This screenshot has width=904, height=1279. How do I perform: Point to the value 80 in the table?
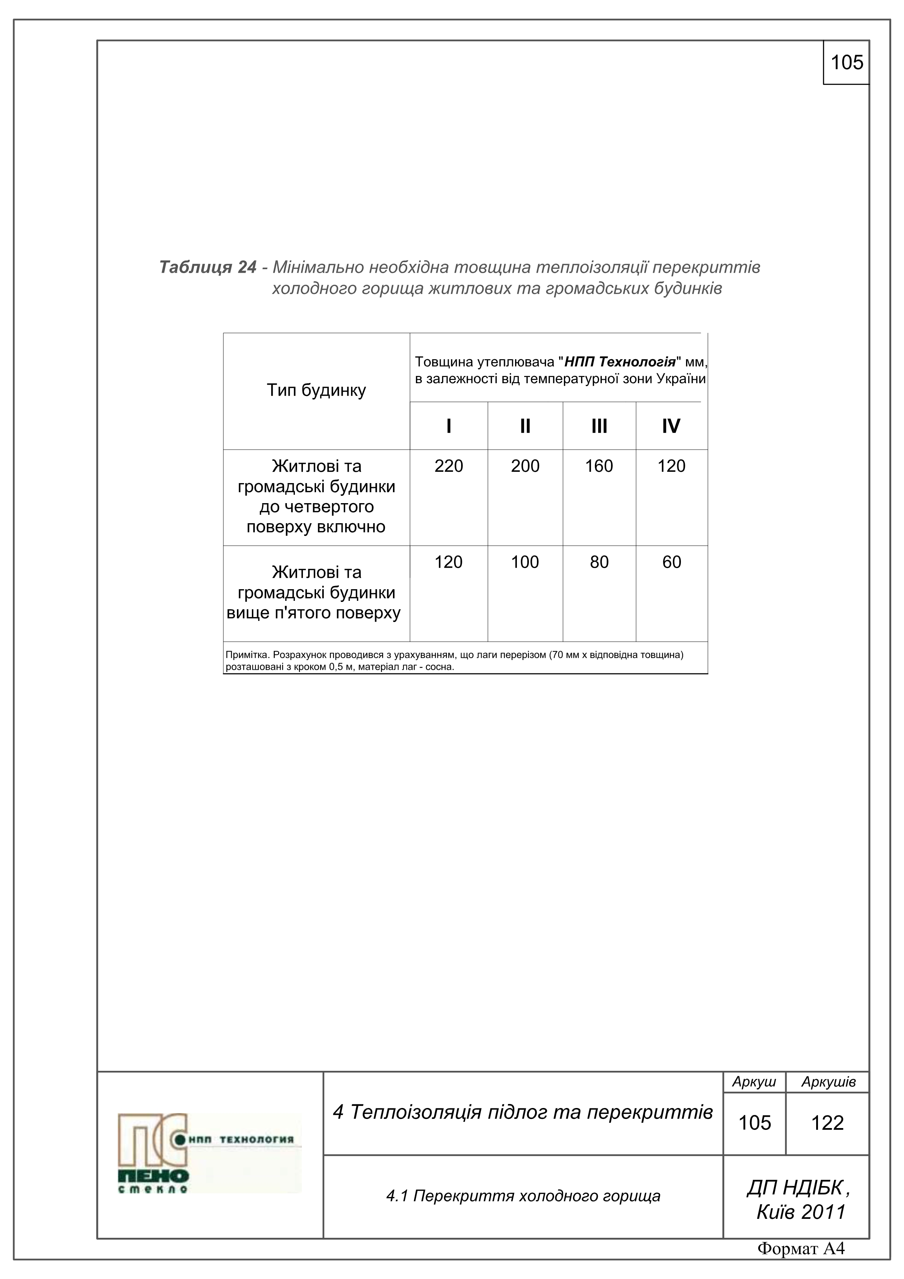click(x=599, y=562)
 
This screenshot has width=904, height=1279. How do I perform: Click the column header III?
click(x=599, y=426)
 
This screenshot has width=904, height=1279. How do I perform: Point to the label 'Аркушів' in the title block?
click(x=828, y=1082)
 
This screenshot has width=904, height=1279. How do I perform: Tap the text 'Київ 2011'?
click(x=800, y=1212)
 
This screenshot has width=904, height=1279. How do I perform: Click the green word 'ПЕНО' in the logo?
click(x=153, y=1176)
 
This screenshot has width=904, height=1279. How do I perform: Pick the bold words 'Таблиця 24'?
click(x=208, y=267)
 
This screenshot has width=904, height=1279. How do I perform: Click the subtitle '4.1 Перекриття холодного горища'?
click(x=523, y=1196)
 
